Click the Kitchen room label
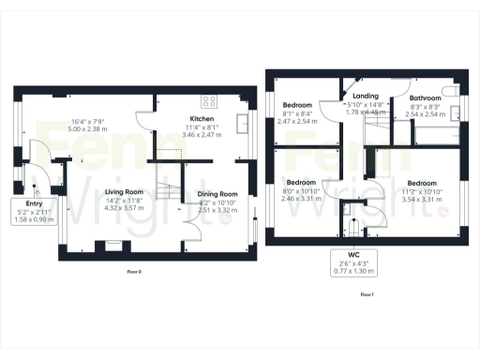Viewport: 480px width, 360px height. click(203, 120)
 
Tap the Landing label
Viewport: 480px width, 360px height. click(365, 96)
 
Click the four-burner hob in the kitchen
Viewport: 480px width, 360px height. click(210, 101)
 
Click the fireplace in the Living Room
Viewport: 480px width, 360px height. click(112, 246)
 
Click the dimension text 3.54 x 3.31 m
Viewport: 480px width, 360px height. click(422, 199)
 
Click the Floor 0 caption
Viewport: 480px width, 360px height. click(139, 271)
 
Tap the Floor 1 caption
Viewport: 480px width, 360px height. click(366, 294)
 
